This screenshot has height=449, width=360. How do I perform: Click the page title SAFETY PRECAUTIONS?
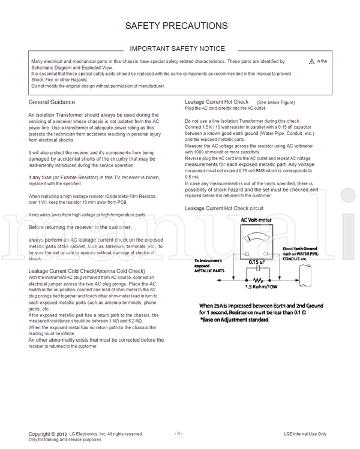click(176, 26)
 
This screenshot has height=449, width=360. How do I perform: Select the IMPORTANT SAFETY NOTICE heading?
click(178, 49)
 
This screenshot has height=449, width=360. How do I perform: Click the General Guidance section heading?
click(52, 103)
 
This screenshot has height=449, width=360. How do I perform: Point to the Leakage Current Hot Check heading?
click(217, 102)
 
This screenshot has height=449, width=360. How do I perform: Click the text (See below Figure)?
click(275, 103)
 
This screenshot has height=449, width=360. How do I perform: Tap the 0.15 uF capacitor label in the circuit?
click(259, 261)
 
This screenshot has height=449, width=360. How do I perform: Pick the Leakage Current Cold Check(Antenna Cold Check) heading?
click(86, 271)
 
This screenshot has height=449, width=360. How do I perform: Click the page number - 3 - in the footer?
click(178, 433)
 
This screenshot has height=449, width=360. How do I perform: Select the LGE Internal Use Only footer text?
click(305, 433)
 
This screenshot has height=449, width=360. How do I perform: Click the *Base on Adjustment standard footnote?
click(235, 320)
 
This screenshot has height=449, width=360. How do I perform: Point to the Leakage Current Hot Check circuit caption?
click(224, 208)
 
